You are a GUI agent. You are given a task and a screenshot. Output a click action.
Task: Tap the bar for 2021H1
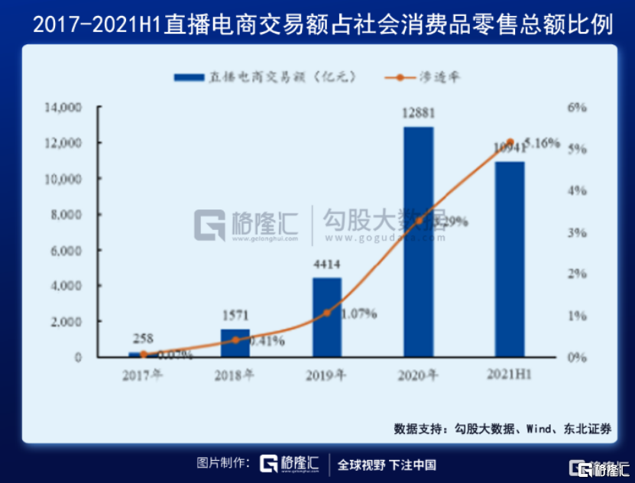pyautogui.click(x=510, y=259)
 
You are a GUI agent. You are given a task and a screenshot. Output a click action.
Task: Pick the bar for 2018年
pyautogui.click(x=235, y=342)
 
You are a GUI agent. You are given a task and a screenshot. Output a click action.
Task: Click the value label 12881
pyautogui.click(x=419, y=113)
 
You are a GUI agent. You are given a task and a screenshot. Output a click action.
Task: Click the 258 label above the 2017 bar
pyautogui.click(x=143, y=339)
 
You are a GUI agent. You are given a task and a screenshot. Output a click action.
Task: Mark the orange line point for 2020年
pyautogui.click(x=419, y=221)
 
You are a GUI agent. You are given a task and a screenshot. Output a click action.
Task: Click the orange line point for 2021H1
pyautogui.click(x=510, y=142)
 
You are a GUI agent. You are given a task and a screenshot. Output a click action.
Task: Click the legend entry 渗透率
pyautogui.click(x=428, y=77)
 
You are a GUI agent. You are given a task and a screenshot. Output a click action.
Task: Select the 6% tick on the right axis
pyautogui.click(x=577, y=108)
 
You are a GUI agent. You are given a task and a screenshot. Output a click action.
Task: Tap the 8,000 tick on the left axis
pyautogui.click(x=67, y=215)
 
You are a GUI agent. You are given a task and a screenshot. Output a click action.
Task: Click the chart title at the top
pyautogui.click(x=317, y=24)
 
